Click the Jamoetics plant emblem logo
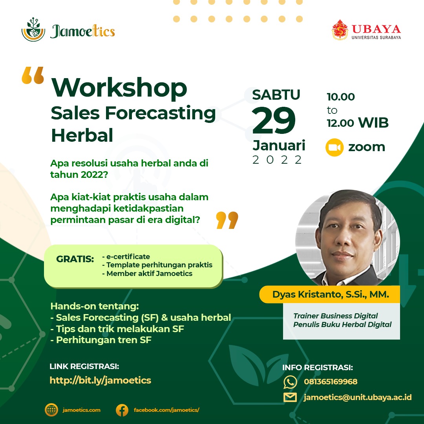[x=33, y=30]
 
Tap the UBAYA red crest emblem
[x=340, y=30]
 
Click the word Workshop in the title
[x=119, y=88]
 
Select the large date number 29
[x=274, y=121]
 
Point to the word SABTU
[x=276, y=95]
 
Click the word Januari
[x=279, y=146]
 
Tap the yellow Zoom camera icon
[x=334, y=147]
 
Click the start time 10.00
[x=341, y=97]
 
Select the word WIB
[x=373, y=123]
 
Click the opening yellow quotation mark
[x=33, y=75]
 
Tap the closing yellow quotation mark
[x=227, y=220]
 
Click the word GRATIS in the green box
[x=75, y=259]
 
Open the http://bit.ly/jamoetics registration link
[x=101, y=380]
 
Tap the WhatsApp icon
[x=290, y=382]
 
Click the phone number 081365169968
[x=331, y=382]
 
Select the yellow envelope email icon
[x=290, y=397]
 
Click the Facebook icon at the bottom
[x=122, y=410]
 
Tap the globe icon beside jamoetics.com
[x=51, y=410]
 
